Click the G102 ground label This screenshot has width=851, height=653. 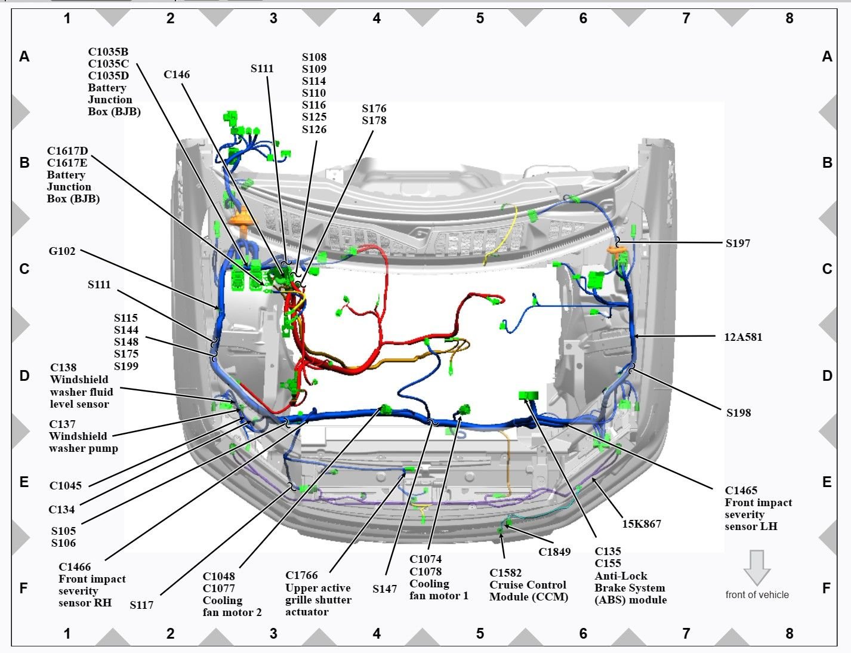pos(62,251)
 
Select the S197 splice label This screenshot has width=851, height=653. pos(738,244)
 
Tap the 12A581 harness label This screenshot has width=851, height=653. pos(743,337)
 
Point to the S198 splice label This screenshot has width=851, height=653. pos(738,413)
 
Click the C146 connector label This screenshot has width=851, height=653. pos(177,75)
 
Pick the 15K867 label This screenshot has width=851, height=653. pos(642,524)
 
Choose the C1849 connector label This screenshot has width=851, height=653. pos(554,552)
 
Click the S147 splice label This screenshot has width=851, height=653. pos(384,589)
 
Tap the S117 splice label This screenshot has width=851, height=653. pos(141,605)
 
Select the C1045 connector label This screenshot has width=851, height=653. pos(66,486)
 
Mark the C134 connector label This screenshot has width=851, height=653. pos(61,510)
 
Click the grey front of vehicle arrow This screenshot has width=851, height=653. pos(757,567)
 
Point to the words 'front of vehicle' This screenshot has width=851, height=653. pos(757,595)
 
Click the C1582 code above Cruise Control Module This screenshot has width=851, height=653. pos(505,573)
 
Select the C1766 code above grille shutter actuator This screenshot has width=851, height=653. pos(301,575)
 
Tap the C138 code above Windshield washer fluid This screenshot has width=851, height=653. pos(63,368)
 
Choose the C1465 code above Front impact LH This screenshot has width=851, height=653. pos(741,491)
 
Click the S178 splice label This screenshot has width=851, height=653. pos(374,121)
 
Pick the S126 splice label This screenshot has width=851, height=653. pos(314,130)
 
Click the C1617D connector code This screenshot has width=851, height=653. pos(67,151)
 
